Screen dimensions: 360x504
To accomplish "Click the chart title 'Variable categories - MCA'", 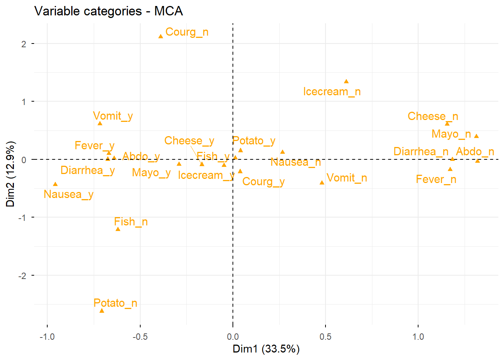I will click(108, 11).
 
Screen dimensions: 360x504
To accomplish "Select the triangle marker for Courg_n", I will click(161, 36).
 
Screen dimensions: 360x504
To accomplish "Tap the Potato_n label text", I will click(115, 303).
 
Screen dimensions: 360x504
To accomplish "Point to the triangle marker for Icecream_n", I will click(346, 81).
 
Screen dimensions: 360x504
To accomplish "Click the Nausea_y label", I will click(68, 194).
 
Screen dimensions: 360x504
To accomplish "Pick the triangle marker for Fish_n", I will click(118, 229).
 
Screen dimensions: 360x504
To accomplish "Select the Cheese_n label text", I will click(433, 116).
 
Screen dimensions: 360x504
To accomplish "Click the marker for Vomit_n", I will click(322, 183).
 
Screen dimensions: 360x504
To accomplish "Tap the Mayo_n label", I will click(451, 134).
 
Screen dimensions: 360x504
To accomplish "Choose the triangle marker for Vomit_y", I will click(100, 123).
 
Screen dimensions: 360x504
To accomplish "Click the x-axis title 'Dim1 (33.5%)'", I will click(266, 349).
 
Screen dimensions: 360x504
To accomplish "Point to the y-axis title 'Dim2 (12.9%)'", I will click(10, 174).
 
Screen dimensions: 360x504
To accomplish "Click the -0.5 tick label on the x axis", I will click(140, 337).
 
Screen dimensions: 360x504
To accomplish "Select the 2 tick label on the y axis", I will click(24, 44).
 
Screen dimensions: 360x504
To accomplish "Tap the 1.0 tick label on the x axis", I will click(418, 337).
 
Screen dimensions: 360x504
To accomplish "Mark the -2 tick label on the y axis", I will click(22, 276).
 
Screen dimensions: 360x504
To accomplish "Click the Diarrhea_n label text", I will click(421, 151).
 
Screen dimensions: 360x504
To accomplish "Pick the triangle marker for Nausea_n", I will click(282, 152).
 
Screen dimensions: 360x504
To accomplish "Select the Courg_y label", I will click(263, 181).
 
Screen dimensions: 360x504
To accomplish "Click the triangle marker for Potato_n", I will click(102, 311).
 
